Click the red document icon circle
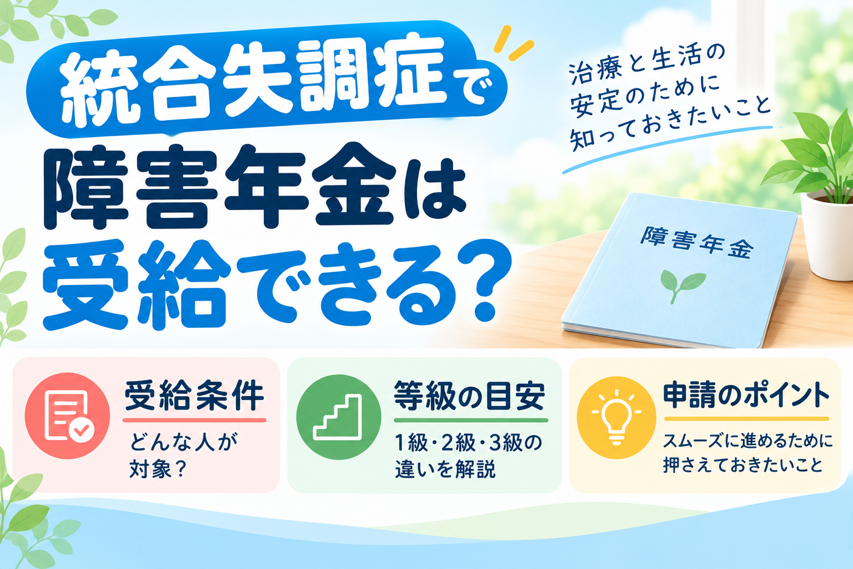tap(67, 416)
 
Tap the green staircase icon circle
tap(339, 417)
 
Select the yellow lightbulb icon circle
tap(616, 417)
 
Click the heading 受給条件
tap(194, 396)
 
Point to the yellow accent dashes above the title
tap(512, 43)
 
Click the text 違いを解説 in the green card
tap(445, 469)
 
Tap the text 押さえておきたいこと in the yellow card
tap(742, 465)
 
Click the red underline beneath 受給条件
tap(194, 420)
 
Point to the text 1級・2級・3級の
tap(468, 443)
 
